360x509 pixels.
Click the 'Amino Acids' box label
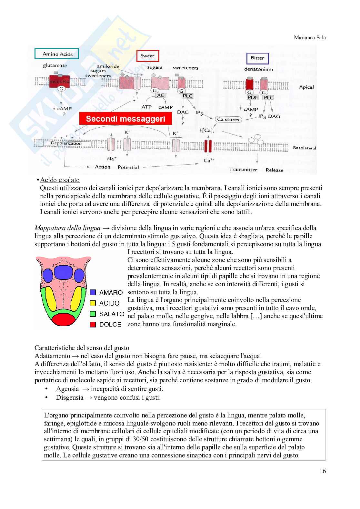(x=58, y=54)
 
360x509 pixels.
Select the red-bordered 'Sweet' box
(x=147, y=56)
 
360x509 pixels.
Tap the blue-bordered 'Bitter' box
(x=257, y=58)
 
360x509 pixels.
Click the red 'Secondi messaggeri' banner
(x=125, y=119)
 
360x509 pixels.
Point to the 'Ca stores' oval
(x=228, y=119)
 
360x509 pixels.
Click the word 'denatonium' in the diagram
(x=258, y=69)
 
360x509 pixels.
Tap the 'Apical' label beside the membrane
(x=306, y=87)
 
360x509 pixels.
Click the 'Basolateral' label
(x=304, y=148)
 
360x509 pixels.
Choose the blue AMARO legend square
(x=93, y=292)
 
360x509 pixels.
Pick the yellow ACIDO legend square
(x=93, y=303)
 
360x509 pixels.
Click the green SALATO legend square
(x=93, y=314)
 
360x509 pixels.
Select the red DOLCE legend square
(x=93, y=324)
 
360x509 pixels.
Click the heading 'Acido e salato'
(x=60, y=180)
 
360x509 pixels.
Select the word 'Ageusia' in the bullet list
(x=67, y=389)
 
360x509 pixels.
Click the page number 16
(x=323, y=471)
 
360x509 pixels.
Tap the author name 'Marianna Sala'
(x=310, y=37)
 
